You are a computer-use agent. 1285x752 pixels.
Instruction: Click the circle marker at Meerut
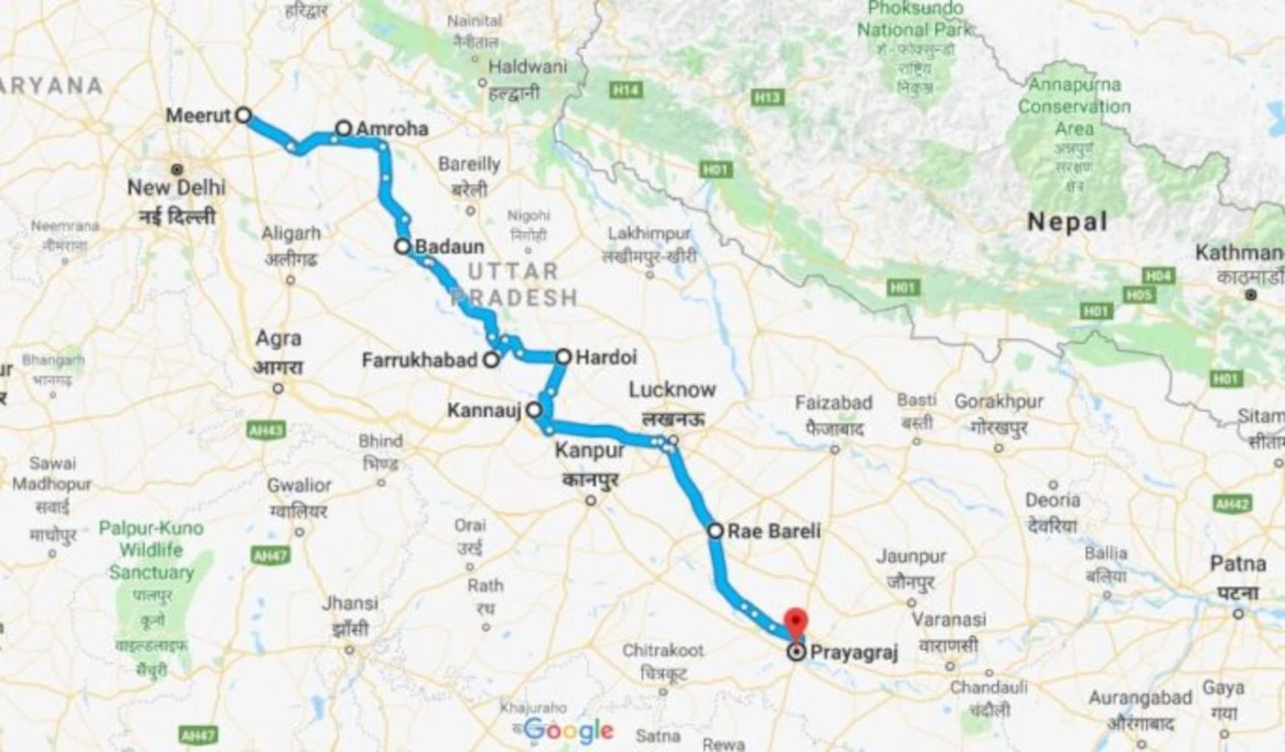(x=243, y=116)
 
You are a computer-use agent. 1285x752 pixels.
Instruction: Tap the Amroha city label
(x=391, y=128)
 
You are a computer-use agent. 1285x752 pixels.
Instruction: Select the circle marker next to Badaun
(x=402, y=246)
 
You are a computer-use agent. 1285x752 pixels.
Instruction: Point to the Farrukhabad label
(x=419, y=360)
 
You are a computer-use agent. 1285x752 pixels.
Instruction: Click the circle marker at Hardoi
(x=563, y=356)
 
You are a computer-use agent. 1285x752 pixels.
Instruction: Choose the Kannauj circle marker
(x=534, y=410)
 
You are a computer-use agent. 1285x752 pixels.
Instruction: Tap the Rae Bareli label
(x=774, y=530)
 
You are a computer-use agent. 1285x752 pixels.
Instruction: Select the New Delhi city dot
(x=177, y=169)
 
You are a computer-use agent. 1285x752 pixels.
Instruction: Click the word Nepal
(x=1067, y=222)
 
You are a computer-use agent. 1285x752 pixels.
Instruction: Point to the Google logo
(x=569, y=730)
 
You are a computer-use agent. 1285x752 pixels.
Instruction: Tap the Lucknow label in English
(x=671, y=390)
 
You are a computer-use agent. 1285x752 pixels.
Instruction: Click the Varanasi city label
(x=948, y=620)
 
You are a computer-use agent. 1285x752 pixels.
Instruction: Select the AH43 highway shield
(x=266, y=431)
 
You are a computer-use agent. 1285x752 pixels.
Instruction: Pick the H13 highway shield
(x=768, y=97)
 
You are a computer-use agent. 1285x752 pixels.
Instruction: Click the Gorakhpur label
(x=998, y=401)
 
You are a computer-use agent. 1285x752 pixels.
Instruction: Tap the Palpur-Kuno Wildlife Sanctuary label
(x=151, y=551)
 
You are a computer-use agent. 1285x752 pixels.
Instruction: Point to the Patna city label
(x=1238, y=564)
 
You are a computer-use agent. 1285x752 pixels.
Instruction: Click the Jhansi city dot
(x=349, y=649)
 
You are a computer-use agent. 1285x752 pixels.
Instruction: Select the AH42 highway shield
(x=1232, y=504)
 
